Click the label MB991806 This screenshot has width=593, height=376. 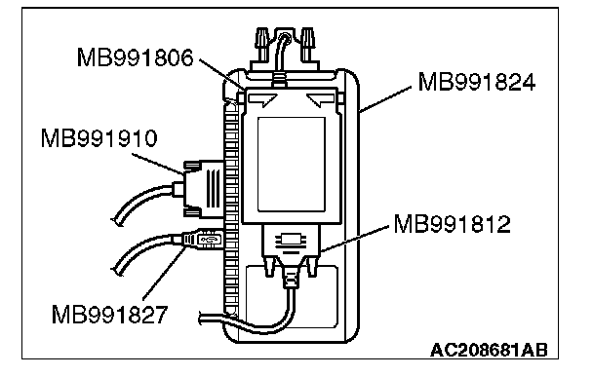135,57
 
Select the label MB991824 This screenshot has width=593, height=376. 477,82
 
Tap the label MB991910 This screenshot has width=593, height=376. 99,138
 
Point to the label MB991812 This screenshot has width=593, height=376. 452,224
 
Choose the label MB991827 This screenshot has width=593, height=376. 109,315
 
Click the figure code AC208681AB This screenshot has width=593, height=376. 489,350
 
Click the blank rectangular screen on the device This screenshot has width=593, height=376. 292,165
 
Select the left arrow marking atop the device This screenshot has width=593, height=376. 262,100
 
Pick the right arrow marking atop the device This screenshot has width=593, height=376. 321,100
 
